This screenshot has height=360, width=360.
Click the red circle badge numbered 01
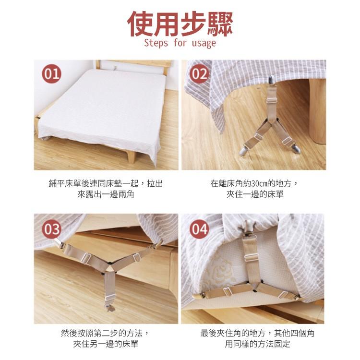tap(52, 74)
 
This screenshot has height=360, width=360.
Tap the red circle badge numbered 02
tap(199, 74)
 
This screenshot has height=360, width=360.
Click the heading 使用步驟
tap(180, 22)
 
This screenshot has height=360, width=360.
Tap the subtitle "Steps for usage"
tap(180, 43)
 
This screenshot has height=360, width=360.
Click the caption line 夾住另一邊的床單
tap(106, 344)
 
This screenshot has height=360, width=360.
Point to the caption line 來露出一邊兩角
tap(106, 194)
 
